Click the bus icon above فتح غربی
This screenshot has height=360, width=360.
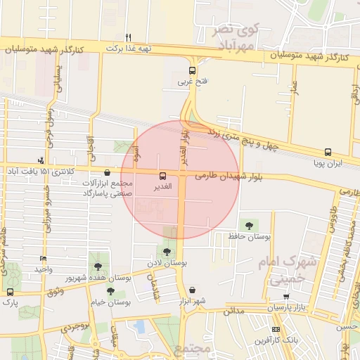point(192,70)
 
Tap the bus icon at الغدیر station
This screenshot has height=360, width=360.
point(163,176)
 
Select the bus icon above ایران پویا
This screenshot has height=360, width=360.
point(328,152)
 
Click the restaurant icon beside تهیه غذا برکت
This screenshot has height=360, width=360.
point(128,37)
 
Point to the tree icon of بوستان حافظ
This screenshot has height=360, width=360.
point(249,225)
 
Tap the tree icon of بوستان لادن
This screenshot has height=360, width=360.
point(167,251)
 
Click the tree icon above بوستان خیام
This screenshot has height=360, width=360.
point(110,291)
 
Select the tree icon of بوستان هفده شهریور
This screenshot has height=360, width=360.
point(98,266)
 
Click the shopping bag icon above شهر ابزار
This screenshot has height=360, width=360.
point(192,290)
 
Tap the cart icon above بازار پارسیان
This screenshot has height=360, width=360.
point(287,297)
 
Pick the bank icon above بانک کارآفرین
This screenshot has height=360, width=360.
point(276,330)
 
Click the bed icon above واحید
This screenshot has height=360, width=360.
point(44,259)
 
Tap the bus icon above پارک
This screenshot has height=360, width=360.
point(10,291)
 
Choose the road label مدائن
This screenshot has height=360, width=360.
point(235,310)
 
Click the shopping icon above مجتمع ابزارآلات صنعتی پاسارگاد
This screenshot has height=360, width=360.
point(107,172)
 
